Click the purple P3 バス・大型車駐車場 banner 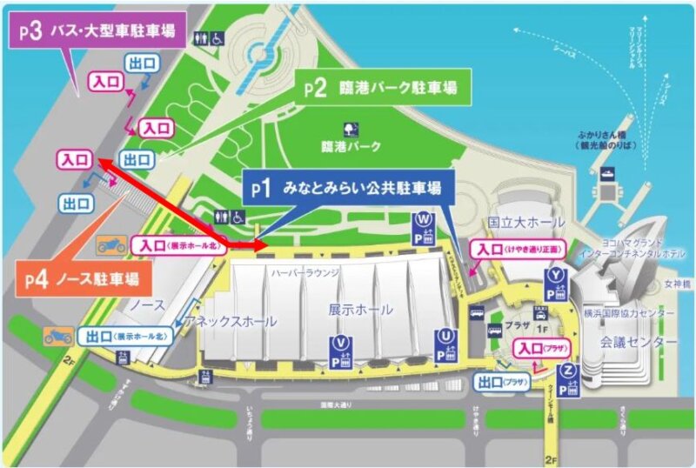91,32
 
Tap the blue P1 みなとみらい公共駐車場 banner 343,188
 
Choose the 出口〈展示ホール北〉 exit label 130,336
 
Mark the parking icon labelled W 424,229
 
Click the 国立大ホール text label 520,223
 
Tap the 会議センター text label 638,343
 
